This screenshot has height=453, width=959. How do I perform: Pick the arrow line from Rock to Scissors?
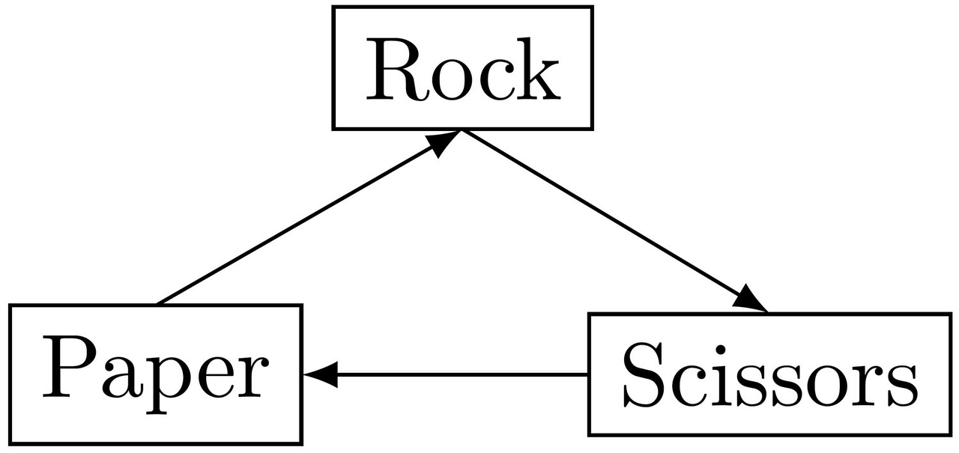607,217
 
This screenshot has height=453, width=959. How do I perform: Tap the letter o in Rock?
450,82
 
